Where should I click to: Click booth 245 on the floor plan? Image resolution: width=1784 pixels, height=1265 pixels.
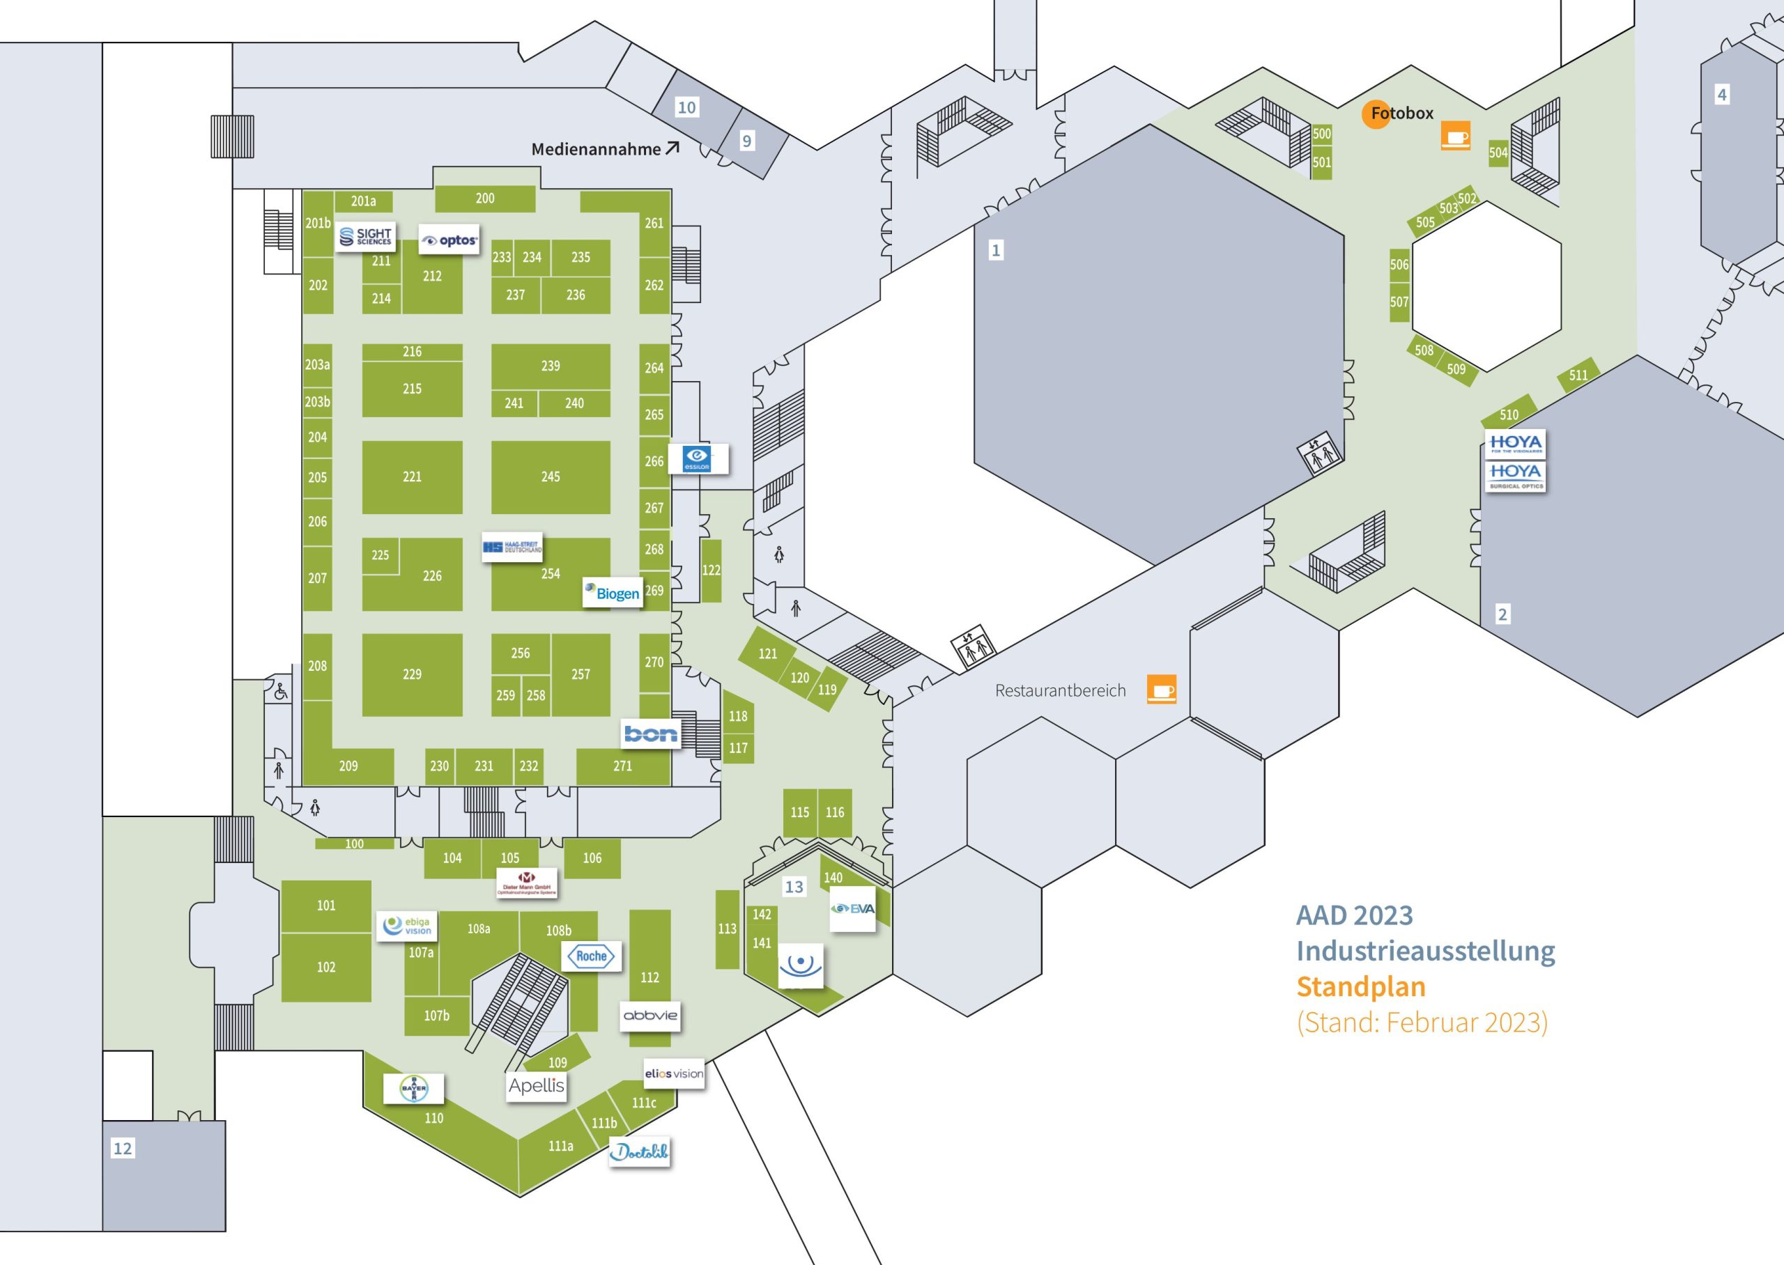(x=550, y=476)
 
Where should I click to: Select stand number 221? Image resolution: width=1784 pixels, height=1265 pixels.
(x=412, y=476)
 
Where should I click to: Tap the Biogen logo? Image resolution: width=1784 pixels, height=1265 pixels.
(x=613, y=593)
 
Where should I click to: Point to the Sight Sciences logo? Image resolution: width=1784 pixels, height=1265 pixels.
(x=366, y=236)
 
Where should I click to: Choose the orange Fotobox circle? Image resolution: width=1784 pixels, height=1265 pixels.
(x=1376, y=114)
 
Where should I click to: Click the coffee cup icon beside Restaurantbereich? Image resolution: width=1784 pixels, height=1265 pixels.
(x=1161, y=690)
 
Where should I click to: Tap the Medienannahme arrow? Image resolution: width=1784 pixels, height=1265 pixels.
(x=672, y=147)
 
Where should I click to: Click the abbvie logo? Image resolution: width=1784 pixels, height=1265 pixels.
(x=649, y=1016)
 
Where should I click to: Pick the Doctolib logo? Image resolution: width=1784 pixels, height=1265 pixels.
(x=639, y=1151)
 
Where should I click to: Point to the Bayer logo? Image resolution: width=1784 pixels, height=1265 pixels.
(x=414, y=1088)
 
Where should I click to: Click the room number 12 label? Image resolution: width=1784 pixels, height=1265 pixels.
(x=123, y=1148)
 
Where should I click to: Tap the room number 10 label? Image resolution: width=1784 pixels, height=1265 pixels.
(x=686, y=107)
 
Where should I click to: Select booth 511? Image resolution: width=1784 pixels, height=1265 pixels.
(x=1578, y=375)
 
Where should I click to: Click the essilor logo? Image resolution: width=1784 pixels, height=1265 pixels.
(x=698, y=459)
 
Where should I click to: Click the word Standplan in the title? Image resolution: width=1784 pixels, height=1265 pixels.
(x=1360, y=987)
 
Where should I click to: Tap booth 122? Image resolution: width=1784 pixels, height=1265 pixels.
(x=711, y=571)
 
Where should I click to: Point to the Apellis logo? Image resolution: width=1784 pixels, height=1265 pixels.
(x=536, y=1086)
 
